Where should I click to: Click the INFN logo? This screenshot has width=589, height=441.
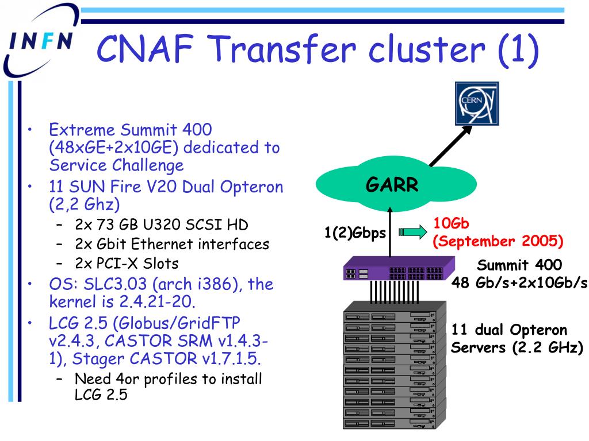click(x=40, y=41)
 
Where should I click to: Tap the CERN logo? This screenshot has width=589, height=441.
click(x=477, y=103)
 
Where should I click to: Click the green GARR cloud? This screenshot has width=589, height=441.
click(x=396, y=184)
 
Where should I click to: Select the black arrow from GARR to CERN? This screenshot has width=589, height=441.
click(x=450, y=145)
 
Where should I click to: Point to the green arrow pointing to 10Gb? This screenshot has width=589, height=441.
click(x=413, y=232)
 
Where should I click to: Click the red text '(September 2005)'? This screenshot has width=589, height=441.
click(x=498, y=241)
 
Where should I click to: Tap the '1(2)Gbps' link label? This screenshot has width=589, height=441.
click(x=355, y=233)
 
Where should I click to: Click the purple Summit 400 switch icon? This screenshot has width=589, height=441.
click(x=399, y=269)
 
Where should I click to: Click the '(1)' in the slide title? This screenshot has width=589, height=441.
click(x=519, y=49)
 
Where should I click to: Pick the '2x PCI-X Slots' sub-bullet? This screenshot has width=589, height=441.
click(x=126, y=263)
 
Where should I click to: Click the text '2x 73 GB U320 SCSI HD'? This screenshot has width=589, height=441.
click(x=162, y=225)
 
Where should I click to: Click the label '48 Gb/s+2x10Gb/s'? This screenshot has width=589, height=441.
click(x=519, y=283)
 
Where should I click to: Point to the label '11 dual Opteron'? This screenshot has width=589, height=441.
click(x=509, y=330)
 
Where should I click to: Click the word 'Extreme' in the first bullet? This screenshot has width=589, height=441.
click(x=82, y=130)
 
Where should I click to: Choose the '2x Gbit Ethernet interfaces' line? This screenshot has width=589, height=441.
click(x=172, y=243)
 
